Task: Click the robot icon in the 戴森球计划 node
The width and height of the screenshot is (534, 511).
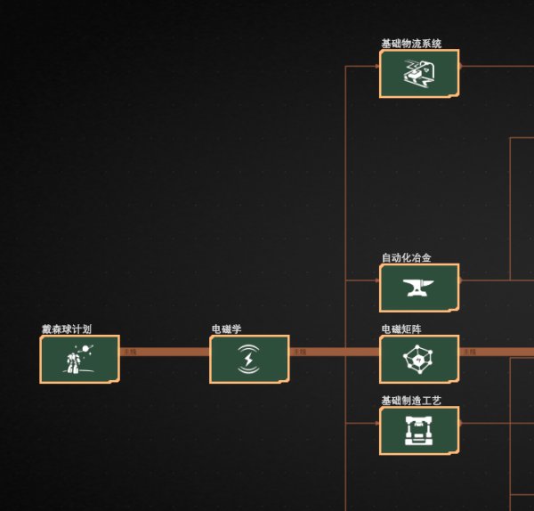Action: tap(79, 360)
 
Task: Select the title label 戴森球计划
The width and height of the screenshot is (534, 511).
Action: tap(66, 328)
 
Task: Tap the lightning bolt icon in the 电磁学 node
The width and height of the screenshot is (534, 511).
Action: tap(249, 360)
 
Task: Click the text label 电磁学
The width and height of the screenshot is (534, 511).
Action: tap(227, 328)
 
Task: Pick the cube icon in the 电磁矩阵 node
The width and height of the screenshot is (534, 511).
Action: tap(419, 360)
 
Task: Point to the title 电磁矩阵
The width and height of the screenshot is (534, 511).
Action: tap(408, 328)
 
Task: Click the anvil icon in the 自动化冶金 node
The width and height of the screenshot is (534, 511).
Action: tap(419, 288)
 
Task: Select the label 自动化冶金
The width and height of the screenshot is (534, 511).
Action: tap(407, 257)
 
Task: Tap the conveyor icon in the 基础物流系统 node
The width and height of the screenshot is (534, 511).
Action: tap(419, 74)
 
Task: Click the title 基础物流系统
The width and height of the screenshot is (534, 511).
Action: tap(411, 43)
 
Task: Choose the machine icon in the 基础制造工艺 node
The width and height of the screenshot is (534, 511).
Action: tap(419, 431)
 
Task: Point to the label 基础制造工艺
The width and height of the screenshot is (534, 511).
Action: tap(411, 401)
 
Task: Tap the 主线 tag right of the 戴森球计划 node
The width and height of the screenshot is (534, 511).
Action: tap(130, 352)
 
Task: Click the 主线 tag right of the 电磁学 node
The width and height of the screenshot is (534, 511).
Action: tap(300, 352)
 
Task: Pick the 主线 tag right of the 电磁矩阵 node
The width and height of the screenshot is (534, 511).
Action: tap(469, 352)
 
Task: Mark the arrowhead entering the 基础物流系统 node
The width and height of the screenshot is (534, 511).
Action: tap(377, 66)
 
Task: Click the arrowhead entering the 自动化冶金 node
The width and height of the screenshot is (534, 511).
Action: tap(377, 280)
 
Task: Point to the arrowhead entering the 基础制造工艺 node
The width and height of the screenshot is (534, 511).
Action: tap(377, 423)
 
